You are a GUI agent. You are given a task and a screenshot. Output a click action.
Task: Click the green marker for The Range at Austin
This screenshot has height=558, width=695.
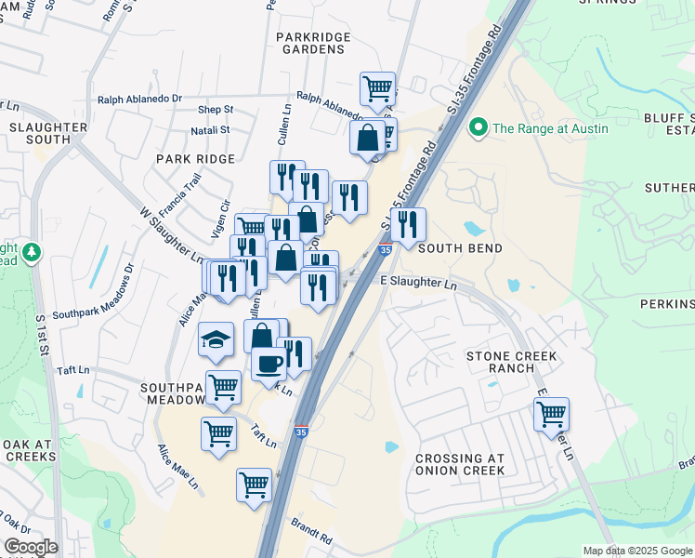click(x=479, y=127)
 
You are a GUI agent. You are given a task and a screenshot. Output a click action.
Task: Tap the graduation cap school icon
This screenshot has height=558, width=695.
click(x=216, y=339)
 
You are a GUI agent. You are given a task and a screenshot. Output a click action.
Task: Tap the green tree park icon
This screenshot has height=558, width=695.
click(x=32, y=252)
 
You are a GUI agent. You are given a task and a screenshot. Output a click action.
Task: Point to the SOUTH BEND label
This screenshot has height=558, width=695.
click(x=460, y=248)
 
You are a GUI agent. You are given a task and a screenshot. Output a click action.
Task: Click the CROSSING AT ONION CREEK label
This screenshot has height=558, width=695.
click(x=460, y=464)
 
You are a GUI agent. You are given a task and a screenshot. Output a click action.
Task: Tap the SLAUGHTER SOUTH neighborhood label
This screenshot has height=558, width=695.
click(x=48, y=133)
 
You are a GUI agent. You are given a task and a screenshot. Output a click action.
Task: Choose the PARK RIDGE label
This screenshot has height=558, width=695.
click(x=196, y=159)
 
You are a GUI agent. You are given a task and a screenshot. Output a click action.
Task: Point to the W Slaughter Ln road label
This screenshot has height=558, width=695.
click(x=172, y=233)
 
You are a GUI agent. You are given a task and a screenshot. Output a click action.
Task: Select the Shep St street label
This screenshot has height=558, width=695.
click(x=215, y=109)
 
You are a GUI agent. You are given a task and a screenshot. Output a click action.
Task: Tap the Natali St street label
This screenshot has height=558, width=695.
click(x=212, y=130)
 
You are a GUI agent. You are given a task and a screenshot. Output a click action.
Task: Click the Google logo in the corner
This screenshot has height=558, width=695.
click(x=31, y=547)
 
